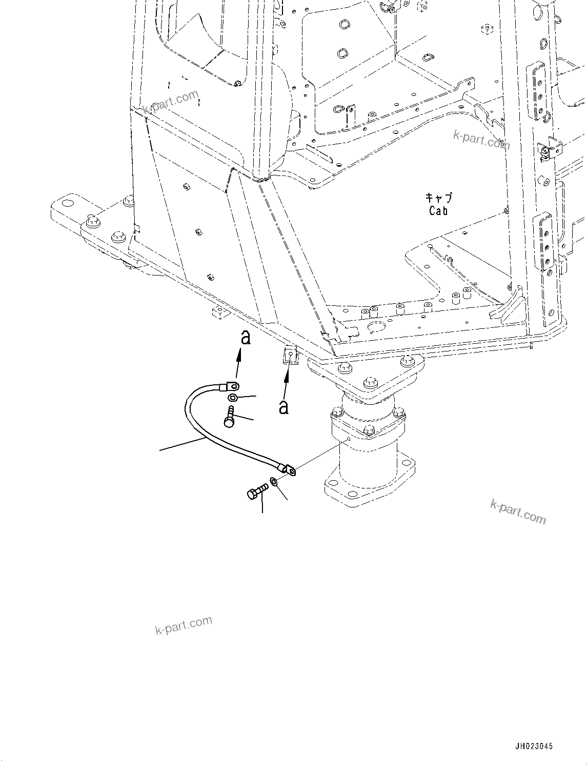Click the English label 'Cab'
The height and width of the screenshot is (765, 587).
pyautogui.click(x=438, y=211)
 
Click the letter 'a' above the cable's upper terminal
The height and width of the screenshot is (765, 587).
pyautogui.click(x=246, y=338)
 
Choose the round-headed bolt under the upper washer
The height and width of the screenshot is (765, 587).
pyautogui.click(x=230, y=416)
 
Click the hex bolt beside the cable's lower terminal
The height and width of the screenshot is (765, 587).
pyautogui.click(x=257, y=491)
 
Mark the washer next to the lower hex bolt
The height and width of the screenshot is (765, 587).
pyautogui.click(x=274, y=481)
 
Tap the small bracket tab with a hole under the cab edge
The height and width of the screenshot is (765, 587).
pyautogui.click(x=290, y=355)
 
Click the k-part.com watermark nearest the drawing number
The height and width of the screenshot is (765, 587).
pyautogui.click(x=518, y=512)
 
